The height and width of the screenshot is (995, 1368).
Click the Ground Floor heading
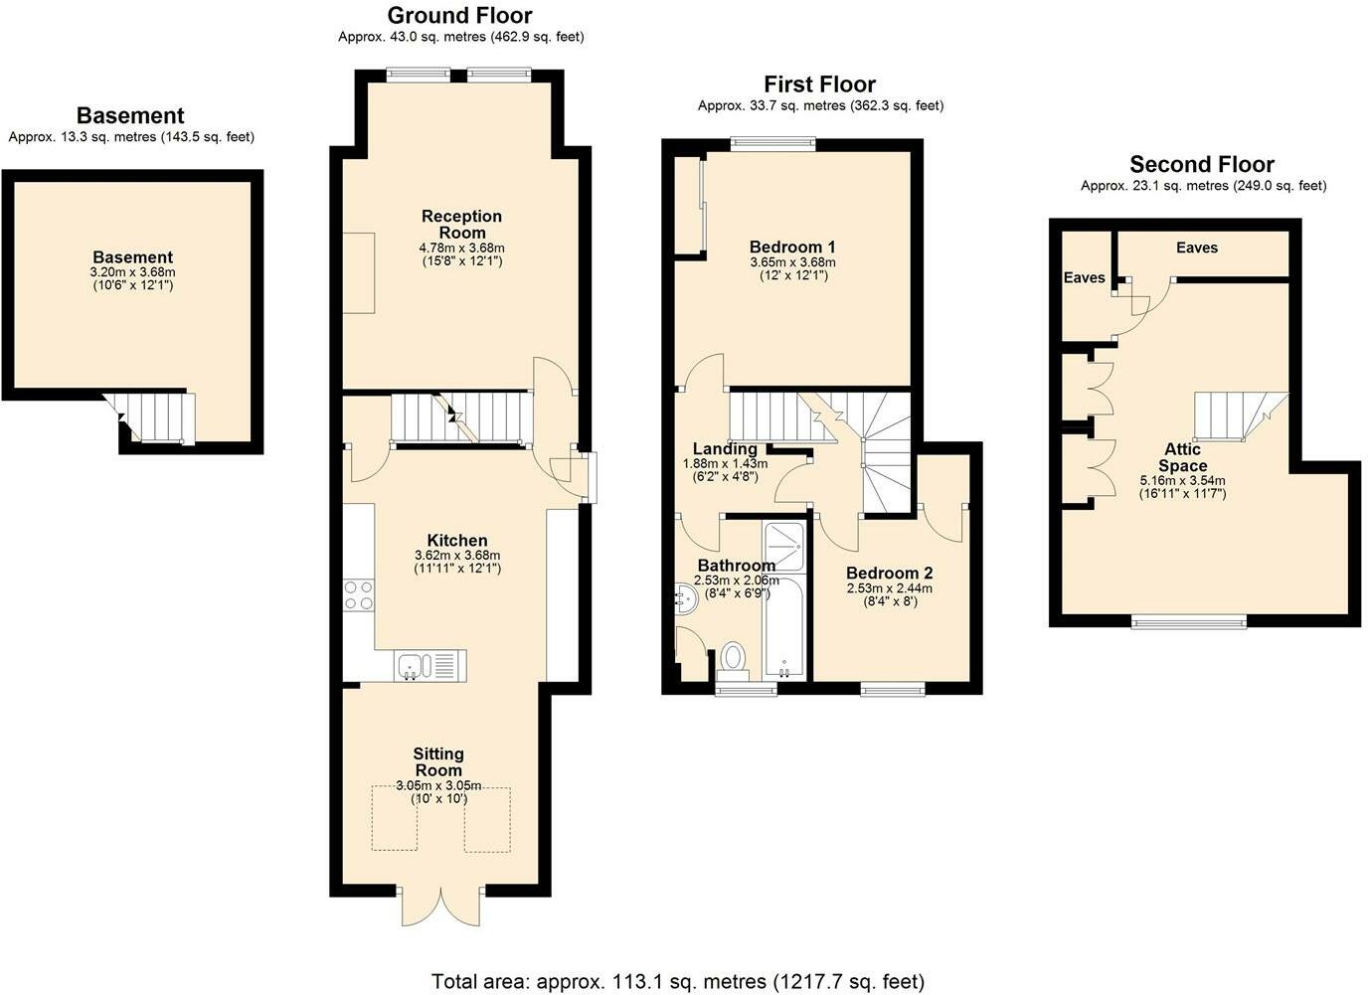click(x=459, y=16)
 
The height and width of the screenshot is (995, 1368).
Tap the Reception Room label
click(x=461, y=224)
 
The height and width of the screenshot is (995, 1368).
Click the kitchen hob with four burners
click(x=358, y=594)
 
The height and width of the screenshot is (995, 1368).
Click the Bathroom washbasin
click(x=684, y=598)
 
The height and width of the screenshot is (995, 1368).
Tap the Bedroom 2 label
click(x=889, y=573)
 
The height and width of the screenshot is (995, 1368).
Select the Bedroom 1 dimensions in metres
click(x=792, y=262)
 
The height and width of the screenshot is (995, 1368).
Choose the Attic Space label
click(x=1182, y=457)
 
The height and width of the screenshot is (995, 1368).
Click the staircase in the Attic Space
click(x=1238, y=415)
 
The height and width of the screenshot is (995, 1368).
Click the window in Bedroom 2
click(x=893, y=688)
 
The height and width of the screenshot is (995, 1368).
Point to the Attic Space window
click(x=1188, y=622)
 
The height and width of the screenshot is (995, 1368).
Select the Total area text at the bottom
click(x=677, y=981)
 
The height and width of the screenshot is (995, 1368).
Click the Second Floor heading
click(x=1201, y=164)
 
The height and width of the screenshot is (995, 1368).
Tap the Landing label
click(x=725, y=449)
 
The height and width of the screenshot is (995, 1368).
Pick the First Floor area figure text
click(x=820, y=105)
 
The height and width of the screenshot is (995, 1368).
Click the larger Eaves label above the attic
click(x=1196, y=248)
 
